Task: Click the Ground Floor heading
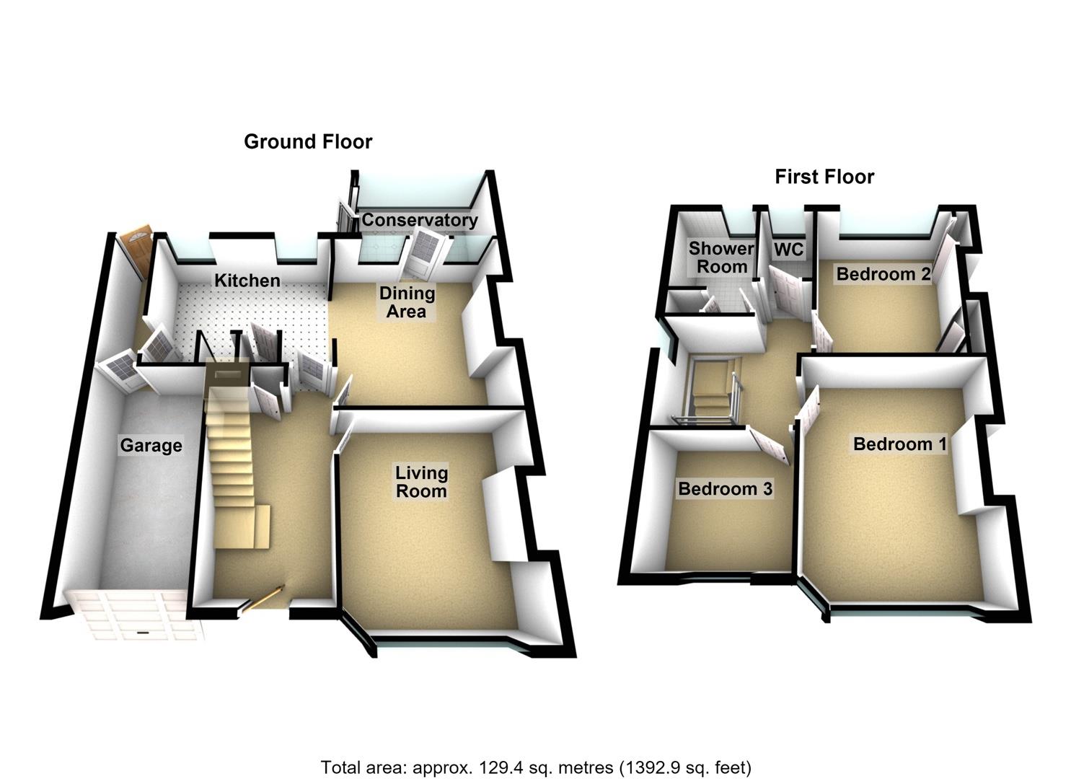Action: tap(308, 141)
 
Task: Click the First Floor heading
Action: tap(824, 177)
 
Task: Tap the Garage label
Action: tap(151, 445)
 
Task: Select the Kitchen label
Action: tap(247, 281)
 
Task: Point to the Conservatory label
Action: tap(420, 220)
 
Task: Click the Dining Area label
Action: tap(407, 302)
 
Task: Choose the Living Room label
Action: tap(421, 482)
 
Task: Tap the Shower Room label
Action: tap(721, 258)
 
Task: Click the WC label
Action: tap(788, 249)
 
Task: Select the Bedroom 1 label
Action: tap(900, 444)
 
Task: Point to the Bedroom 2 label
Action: tap(883, 274)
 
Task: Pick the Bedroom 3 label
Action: tap(726, 489)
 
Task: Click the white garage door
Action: tap(136, 615)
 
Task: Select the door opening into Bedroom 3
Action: tap(770, 445)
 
